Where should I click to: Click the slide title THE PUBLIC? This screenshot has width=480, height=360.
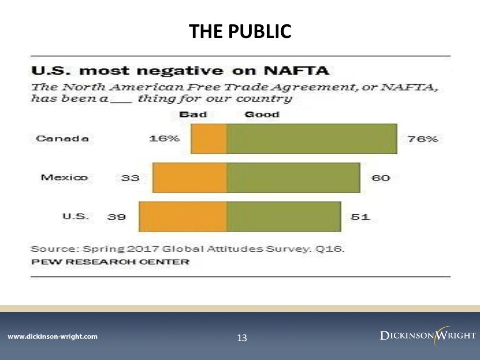point(240,31)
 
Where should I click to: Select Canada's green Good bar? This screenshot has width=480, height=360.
point(312,139)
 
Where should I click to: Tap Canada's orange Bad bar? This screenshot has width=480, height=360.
point(209,139)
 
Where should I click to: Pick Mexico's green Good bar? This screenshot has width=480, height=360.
point(293,178)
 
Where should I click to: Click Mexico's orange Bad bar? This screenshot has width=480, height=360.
point(190,178)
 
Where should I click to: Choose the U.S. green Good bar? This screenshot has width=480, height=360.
point(284,217)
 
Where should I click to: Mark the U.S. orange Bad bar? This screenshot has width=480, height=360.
point(183,217)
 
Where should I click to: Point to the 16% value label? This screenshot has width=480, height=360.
point(164,139)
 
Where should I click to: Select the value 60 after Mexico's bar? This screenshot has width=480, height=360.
point(380,178)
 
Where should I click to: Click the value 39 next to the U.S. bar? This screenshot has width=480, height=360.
point(116,217)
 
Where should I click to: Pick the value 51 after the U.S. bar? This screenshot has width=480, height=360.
point(360,217)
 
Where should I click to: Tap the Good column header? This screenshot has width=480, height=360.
point(262,114)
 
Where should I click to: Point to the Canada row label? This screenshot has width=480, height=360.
point(62,139)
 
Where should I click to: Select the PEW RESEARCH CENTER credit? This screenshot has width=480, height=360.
point(110,262)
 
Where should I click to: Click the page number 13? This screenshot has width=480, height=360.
point(242,338)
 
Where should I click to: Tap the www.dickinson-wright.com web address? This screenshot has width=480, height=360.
point(52,337)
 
